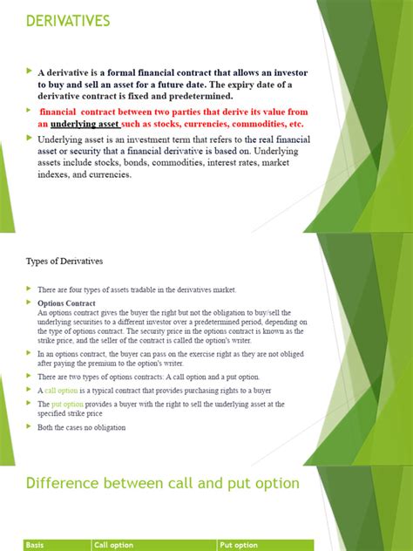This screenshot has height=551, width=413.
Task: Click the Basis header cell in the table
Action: click(x=37, y=545)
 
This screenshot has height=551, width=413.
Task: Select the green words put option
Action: click(x=68, y=405)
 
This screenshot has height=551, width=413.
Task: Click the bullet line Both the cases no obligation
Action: click(x=82, y=427)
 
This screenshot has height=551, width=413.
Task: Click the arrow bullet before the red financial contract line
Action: click(x=29, y=112)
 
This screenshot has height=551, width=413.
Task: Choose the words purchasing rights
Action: click(x=207, y=391)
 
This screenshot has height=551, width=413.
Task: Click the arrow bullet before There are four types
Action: click(x=28, y=289)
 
